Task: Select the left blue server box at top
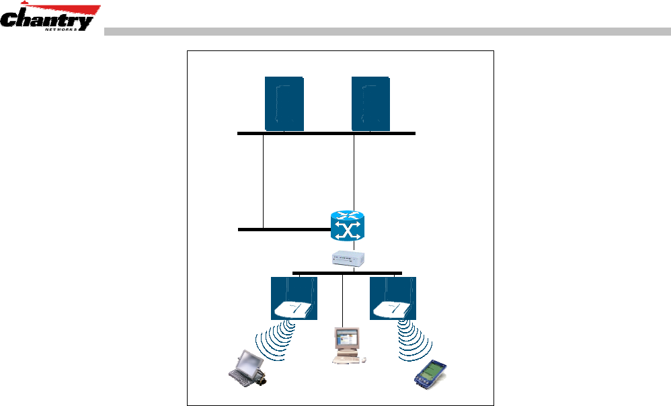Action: pyautogui.click(x=284, y=103)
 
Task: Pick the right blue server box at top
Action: pyautogui.click(x=370, y=103)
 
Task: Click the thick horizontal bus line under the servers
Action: pyautogui.click(x=326, y=134)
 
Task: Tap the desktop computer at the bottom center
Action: pyautogui.click(x=347, y=346)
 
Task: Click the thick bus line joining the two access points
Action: pyautogui.click(x=347, y=273)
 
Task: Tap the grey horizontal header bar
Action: pyautogui.click(x=387, y=31)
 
